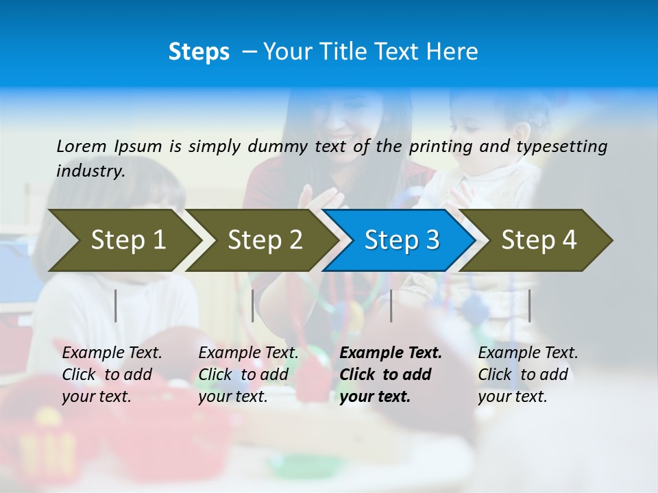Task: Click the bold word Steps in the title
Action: pos(199,52)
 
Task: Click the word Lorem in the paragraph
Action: pos(82,146)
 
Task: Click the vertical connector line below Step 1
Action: pos(116,305)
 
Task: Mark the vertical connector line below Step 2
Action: pos(253,305)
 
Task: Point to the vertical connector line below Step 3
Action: pos(391,305)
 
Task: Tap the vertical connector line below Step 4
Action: pos(529,305)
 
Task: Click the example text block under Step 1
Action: pos(112,375)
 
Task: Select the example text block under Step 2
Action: pos(248,375)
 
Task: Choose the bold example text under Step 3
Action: pos(390,375)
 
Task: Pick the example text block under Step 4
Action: pos(527,375)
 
